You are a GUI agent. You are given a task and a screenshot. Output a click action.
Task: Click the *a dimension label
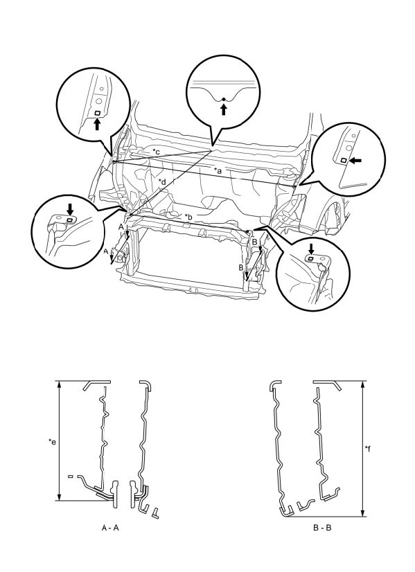[218, 170]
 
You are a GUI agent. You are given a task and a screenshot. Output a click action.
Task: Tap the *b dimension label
[188, 217]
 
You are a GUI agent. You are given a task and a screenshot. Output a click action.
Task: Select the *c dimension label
[156, 152]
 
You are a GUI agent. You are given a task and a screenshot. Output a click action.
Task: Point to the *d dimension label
[162, 181]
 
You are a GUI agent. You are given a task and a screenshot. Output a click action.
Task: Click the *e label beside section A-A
[53, 442]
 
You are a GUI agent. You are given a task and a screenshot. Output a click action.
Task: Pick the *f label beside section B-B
[368, 449]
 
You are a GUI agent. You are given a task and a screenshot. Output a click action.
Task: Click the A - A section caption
[110, 528]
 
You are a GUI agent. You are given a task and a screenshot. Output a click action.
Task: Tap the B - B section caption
[322, 528]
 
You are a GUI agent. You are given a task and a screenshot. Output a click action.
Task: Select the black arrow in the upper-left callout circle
[97, 124]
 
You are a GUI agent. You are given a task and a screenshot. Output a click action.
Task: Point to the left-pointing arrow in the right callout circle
[355, 160]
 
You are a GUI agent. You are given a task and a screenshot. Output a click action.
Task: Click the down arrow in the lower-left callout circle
[70, 209]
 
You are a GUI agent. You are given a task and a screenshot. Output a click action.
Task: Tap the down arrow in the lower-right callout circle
[310, 249]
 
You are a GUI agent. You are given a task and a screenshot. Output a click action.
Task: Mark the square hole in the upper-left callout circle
[97, 113]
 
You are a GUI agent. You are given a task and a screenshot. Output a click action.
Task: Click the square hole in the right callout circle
[344, 161]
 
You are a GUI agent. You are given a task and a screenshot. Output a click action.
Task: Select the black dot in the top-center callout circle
[223, 100]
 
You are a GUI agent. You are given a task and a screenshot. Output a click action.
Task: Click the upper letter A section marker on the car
[121, 227]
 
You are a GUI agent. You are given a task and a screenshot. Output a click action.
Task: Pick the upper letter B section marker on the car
[255, 241]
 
